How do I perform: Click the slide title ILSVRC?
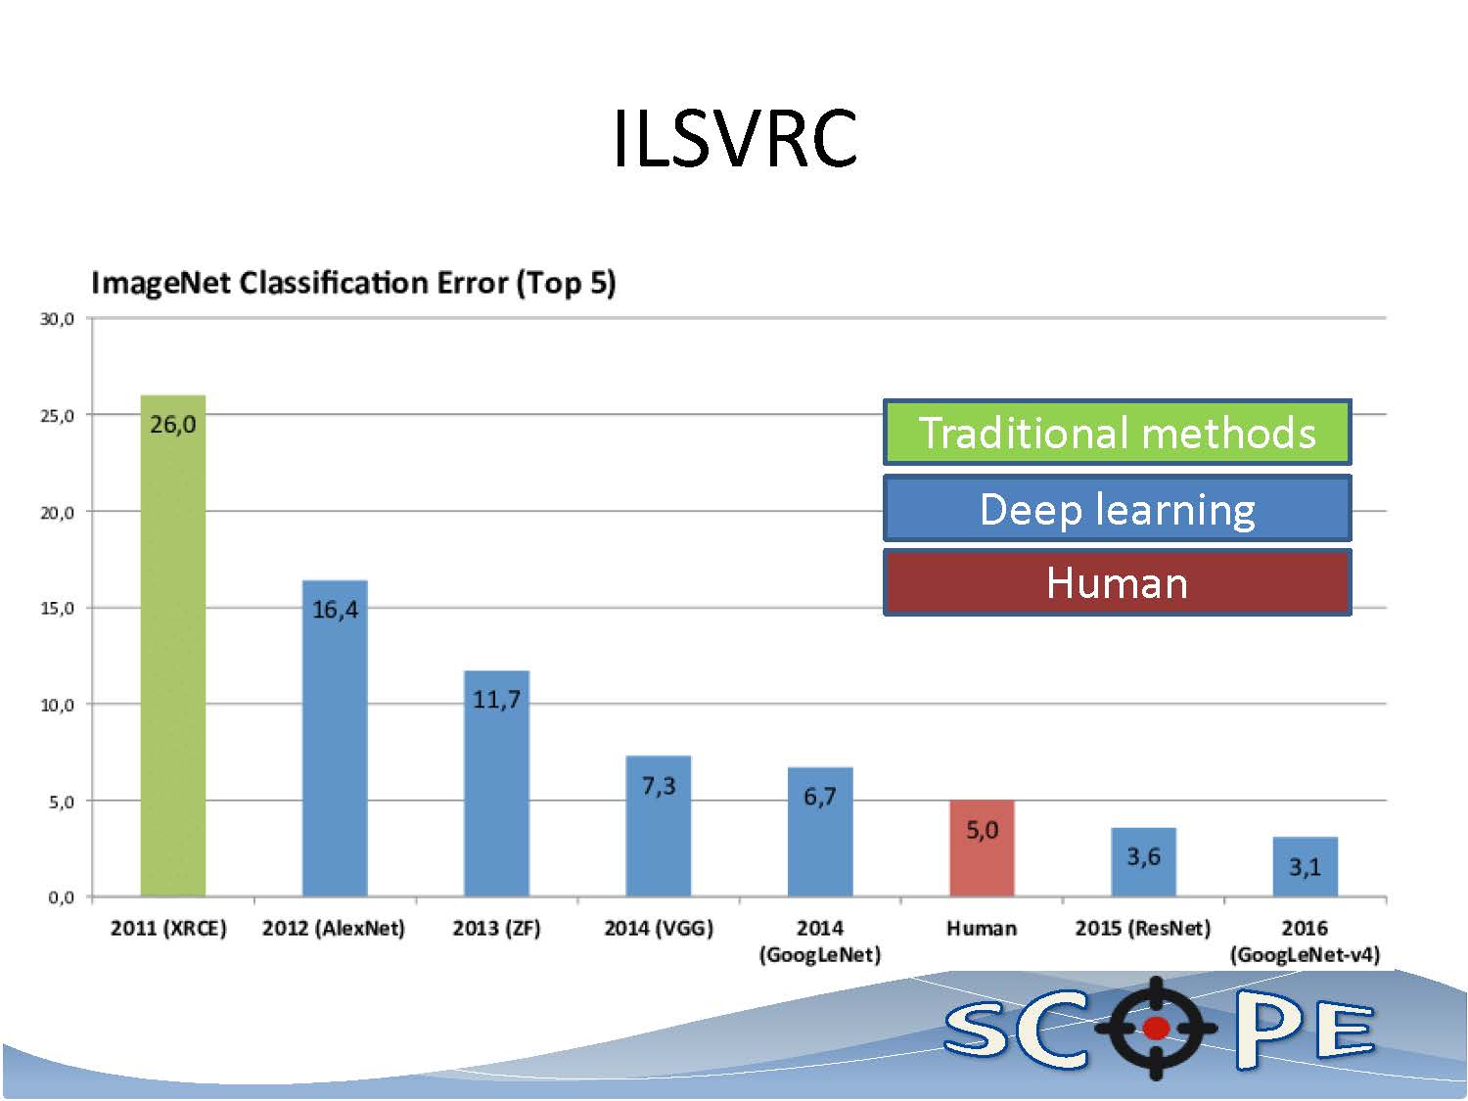734,138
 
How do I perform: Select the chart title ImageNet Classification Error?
353,283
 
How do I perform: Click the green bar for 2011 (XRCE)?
172,646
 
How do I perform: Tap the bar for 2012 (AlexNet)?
335,738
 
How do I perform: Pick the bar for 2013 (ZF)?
497,784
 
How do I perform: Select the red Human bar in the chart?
982,849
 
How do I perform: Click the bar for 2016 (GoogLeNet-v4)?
1306,866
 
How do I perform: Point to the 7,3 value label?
659,786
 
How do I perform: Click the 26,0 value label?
172,425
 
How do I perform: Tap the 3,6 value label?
1144,856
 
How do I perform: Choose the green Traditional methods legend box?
1118,433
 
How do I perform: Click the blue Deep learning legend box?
1118,509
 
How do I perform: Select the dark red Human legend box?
1118,583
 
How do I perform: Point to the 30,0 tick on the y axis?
57,319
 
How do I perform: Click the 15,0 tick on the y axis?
57,609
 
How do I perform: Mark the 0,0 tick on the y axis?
61,897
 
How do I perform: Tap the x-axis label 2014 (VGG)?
659,928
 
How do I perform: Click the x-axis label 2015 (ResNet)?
1143,928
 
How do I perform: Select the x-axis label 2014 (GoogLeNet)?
820,941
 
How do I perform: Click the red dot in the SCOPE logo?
1157,1028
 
